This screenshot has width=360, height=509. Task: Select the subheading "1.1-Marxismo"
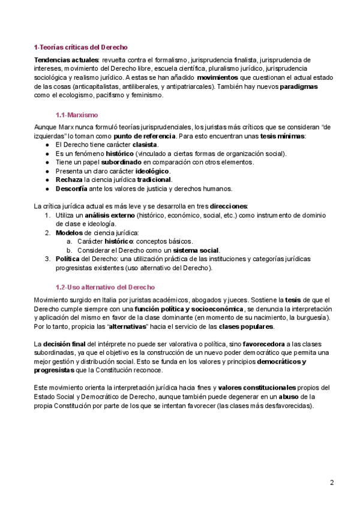[x=77, y=114]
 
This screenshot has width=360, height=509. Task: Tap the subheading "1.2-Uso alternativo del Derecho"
[x=105, y=287]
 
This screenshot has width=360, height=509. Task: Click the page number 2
[x=331, y=482]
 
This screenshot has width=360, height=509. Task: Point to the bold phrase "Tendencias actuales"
[x=66, y=60]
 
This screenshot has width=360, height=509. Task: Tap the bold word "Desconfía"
[x=73, y=188]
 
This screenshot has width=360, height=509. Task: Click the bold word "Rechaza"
[x=69, y=179]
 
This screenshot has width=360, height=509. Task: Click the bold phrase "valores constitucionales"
[x=257, y=388]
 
